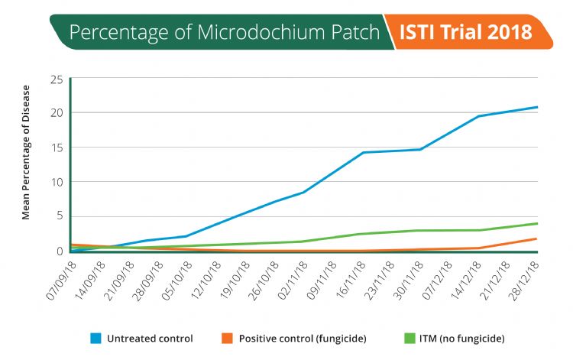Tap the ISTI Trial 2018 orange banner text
click(x=467, y=33)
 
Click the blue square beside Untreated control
click(x=96, y=338)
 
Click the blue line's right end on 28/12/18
click(x=537, y=107)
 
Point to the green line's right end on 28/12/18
click(x=537, y=223)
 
